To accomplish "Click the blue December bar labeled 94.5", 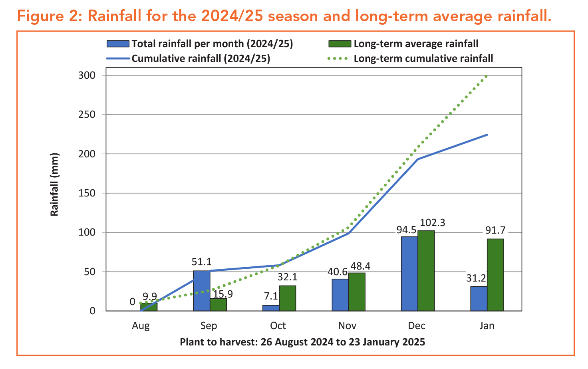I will tap(409, 274).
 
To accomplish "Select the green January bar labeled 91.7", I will tap(495, 275).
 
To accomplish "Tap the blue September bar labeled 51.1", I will tap(201, 291).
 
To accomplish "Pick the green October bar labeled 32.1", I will tap(287, 298).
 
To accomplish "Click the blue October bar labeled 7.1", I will tap(270, 308).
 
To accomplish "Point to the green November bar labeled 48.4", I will tap(357, 292).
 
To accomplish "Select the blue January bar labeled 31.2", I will tap(479, 298).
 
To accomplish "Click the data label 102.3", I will tap(431, 222).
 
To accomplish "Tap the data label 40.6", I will tap(338, 271).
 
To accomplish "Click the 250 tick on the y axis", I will tap(87, 115).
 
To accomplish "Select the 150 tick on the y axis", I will tap(87, 193).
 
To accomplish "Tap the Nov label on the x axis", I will tap(347, 326).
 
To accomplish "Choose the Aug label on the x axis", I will tap(141, 326).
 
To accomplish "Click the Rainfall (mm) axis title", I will tap(55, 184).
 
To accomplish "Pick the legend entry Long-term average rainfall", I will tap(416, 44).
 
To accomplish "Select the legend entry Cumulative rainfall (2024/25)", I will tap(201, 59).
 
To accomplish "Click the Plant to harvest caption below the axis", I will tap(302, 342).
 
